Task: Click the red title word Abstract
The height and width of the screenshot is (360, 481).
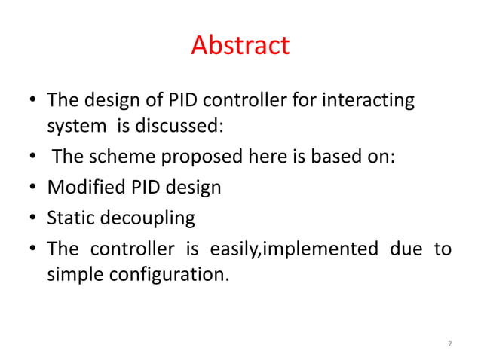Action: (x=240, y=46)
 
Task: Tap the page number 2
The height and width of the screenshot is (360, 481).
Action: (x=449, y=344)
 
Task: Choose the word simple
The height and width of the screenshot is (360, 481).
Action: (x=76, y=274)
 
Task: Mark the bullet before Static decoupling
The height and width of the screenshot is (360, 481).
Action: (x=33, y=219)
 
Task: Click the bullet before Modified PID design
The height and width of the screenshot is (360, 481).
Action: (x=33, y=188)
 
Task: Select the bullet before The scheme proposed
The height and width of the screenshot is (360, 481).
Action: (x=33, y=157)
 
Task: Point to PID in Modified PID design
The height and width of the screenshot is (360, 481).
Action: (x=146, y=188)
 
